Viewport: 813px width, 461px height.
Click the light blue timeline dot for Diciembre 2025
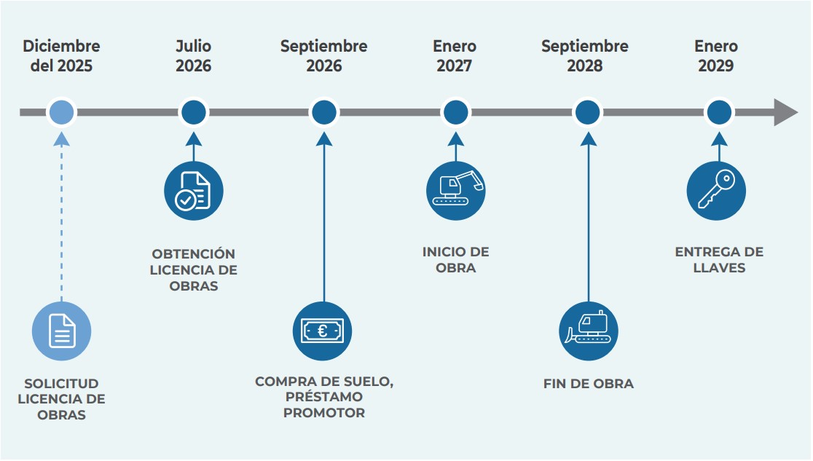point(62,113)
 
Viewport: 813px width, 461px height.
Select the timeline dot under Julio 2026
point(193,113)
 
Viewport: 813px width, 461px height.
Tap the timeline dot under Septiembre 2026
point(324,113)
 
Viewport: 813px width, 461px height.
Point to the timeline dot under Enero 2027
point(455,113)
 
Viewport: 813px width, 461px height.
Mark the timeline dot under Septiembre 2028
point(587,113)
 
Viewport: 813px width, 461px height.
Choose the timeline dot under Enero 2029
point(718,113)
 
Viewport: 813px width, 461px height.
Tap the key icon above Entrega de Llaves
point(716,191)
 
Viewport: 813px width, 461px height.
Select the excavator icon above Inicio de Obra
point(455,191)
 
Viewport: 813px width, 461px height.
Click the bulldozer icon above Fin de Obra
point(588,331)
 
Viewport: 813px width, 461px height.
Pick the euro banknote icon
point(322,331)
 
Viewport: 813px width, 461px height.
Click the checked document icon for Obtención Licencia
point(193,191)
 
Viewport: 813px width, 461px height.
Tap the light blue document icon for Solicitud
point(61,331)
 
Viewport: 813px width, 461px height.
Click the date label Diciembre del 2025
point(61,56)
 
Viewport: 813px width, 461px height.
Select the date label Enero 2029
point(715,56)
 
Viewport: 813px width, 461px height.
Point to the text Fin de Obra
point(588,384)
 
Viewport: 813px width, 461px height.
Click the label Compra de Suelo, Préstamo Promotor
point(324,397)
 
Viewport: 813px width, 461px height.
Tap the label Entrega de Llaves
point(718,260)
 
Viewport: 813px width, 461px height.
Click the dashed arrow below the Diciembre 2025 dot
point(62,218)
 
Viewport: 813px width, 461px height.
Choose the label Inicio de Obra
point(455,260)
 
